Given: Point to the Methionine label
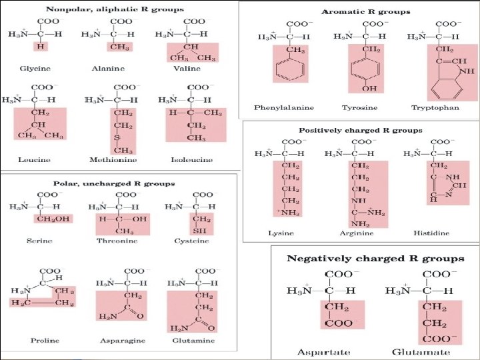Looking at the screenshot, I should [x=109, y=160].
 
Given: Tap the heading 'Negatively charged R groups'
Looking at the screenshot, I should [x=375, y=258].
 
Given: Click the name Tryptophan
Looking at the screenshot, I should [x=435, y=107].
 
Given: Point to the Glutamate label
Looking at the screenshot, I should [x=421, y=351].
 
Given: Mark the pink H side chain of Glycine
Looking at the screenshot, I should [x=41, y=47].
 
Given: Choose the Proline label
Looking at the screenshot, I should [x=45, y=341].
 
